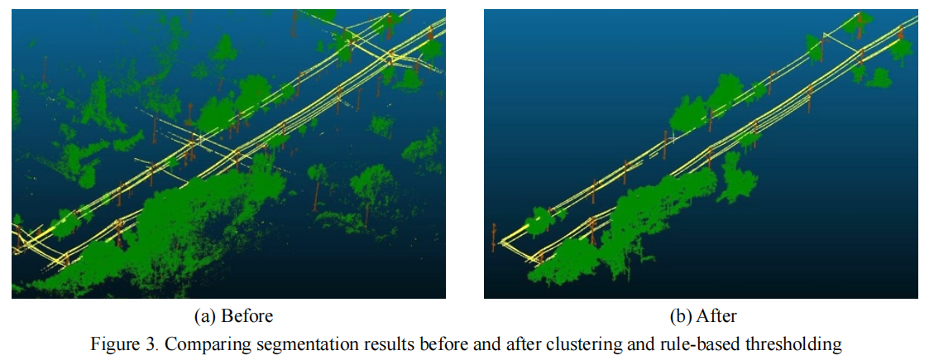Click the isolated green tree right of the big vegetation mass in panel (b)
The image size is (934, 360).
pos(735,178)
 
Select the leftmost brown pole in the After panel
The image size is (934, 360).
pos(495,239)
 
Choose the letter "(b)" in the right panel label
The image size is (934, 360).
pos(678,316)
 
